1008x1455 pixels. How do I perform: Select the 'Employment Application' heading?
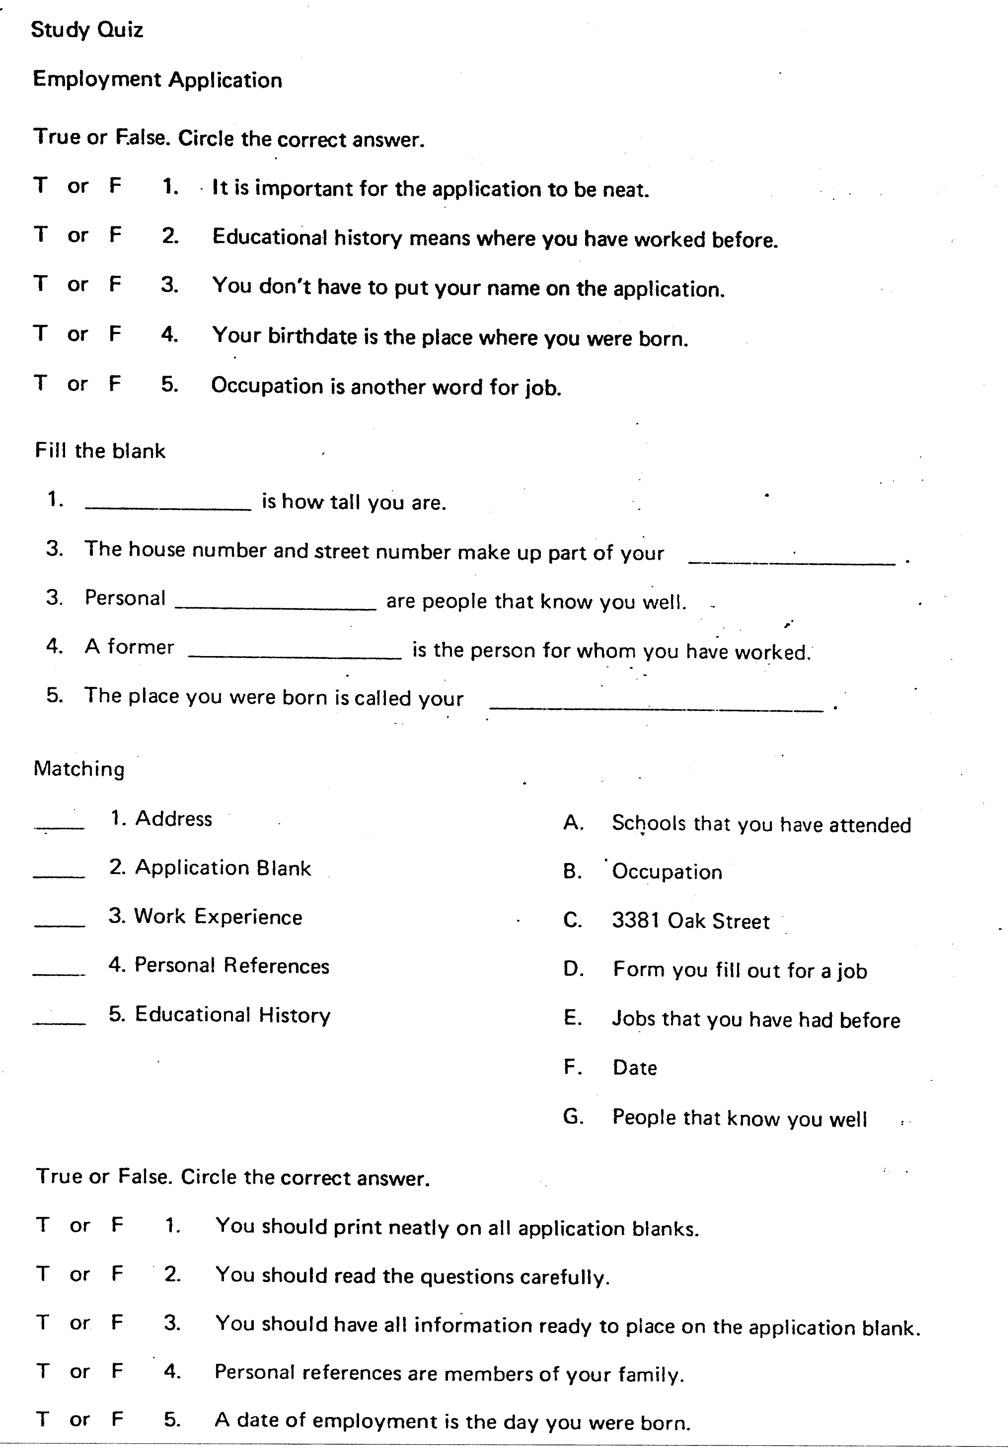click(157, 80)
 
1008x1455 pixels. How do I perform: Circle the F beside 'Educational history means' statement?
click(115, 235)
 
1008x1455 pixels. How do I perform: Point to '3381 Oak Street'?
click(690, 921)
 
